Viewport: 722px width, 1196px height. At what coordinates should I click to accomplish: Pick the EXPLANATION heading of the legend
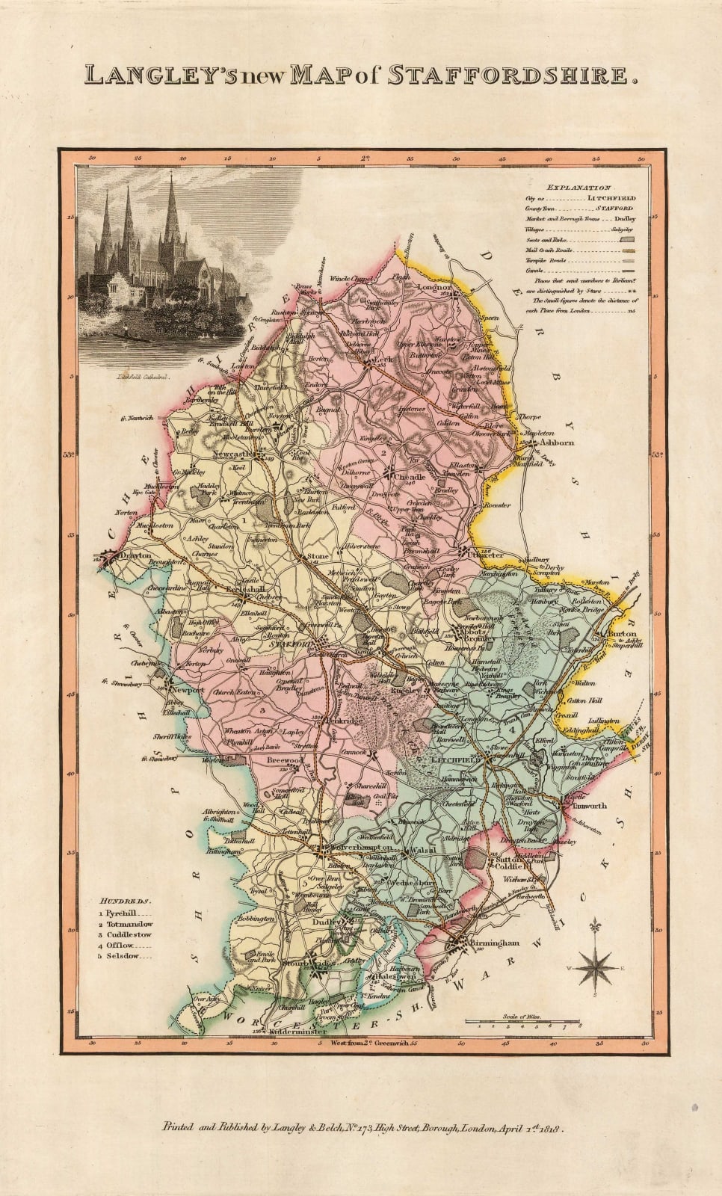(x=578, y=188)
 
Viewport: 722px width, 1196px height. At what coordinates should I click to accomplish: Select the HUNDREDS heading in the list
(x=127, y=902)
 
